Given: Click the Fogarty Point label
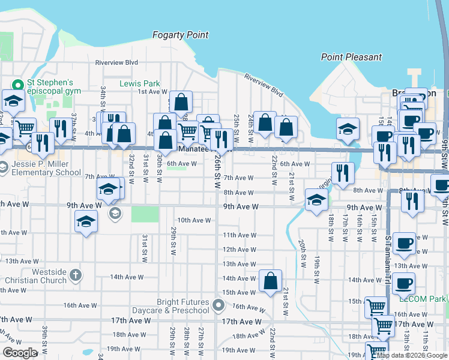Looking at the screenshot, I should pos(180,35).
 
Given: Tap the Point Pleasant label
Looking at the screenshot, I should pos(351,57).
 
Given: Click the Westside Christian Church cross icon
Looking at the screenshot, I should pos(75,275).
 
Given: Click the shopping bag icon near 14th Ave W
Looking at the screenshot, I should pos(271,282).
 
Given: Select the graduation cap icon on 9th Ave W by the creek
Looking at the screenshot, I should pos(316,201).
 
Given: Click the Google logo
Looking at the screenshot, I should pos(20,353).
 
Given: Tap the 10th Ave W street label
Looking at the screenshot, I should pos(193,220).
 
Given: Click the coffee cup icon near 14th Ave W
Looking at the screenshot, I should pos(404,283).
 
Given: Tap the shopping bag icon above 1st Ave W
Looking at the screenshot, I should pos(180,103).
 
